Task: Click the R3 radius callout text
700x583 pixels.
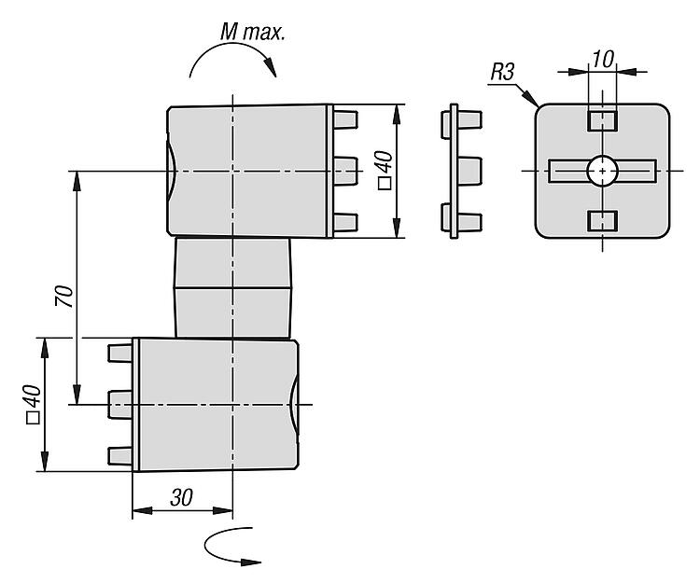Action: [x=501, y=72]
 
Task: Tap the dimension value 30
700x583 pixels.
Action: [x=181, y=497]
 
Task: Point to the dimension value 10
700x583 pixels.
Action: [x=603, y=59]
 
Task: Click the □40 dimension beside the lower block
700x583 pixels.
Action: [x=32, y=403]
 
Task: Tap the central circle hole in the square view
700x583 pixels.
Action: [x=602, y=170]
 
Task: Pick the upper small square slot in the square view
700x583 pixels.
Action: [x=603, y=120]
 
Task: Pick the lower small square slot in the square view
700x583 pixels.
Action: [x=603, y=221]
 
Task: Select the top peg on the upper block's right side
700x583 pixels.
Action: [x=345, y=119]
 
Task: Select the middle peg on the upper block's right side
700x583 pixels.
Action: [x=346, y=169]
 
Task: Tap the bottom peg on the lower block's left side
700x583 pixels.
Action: [x=119, y=454]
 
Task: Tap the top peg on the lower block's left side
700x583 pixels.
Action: [x=119, y=353]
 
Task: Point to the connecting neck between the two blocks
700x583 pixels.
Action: [x=233, y=287]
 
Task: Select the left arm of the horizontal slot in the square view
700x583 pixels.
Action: [x=567, y=170]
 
